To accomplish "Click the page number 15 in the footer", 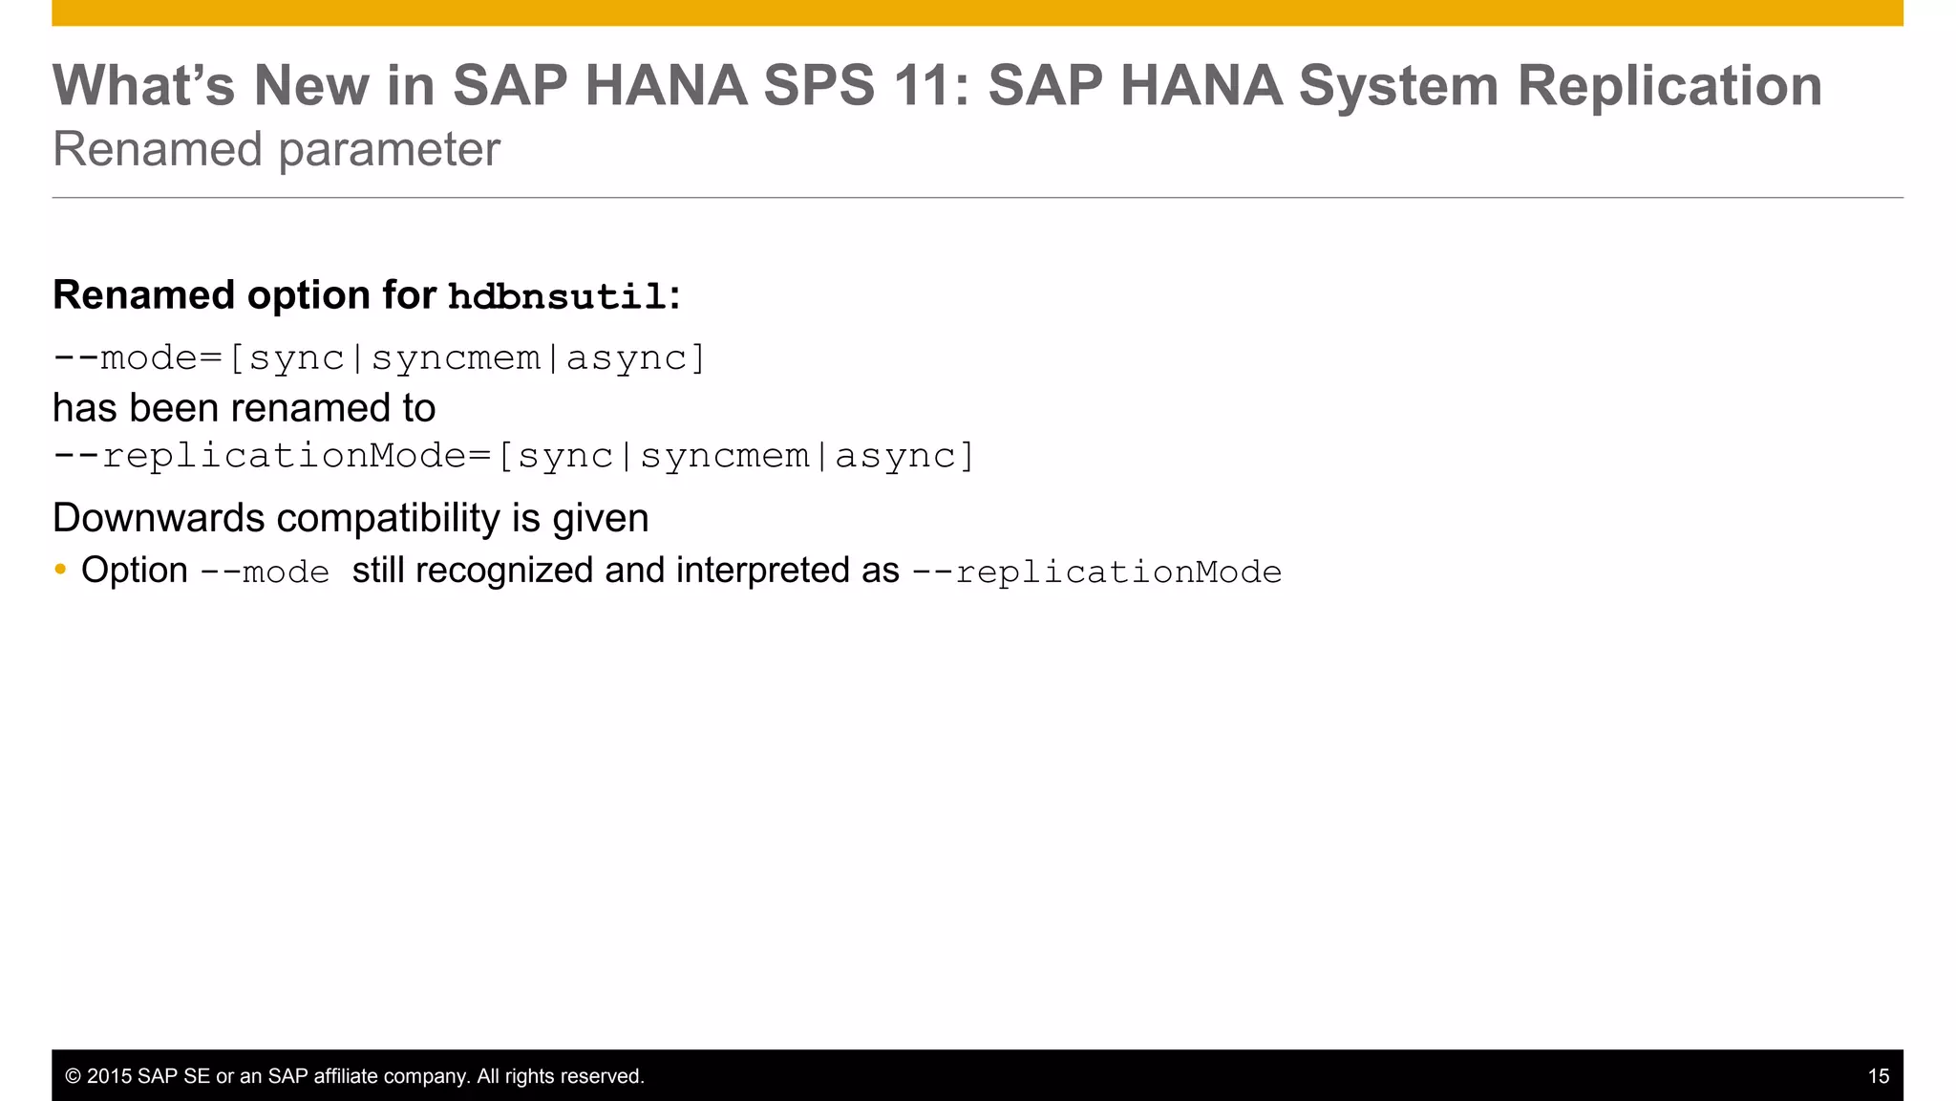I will click(1878, 1076).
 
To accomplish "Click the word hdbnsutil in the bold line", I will click(558, 297).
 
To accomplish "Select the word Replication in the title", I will click(1669, 85).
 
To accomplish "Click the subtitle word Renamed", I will click(157, 149).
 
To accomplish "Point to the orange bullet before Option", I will click(61, 570).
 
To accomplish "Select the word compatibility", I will click(389, 518).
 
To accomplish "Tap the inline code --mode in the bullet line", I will click(265, 572).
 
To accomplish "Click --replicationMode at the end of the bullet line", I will click(1096, 572).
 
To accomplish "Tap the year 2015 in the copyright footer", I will click(109, 1076).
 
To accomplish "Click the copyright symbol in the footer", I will click(73, 1076).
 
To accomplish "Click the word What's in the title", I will click(143, 85).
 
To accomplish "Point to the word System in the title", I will click(1398, 85).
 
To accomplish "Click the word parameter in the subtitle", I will click(389, 149).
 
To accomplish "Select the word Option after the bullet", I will click(135, 571).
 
